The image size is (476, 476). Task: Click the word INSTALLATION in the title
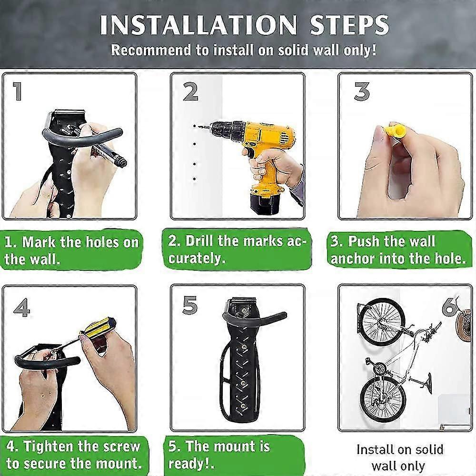tap(198, 25)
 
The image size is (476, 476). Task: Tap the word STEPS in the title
tap(349, 25)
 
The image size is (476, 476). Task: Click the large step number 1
tap(18, 92)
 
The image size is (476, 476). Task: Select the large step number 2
tap(190, 91)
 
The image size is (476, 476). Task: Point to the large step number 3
tap(362, 91)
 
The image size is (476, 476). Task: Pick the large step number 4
tap(22, 307)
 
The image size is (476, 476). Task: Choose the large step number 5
tap(190, 305)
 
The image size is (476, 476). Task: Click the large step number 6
tap(449, 307)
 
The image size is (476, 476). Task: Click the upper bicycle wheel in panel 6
tap(383, 322)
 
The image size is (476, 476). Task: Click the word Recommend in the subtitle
tap(151, 50)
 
